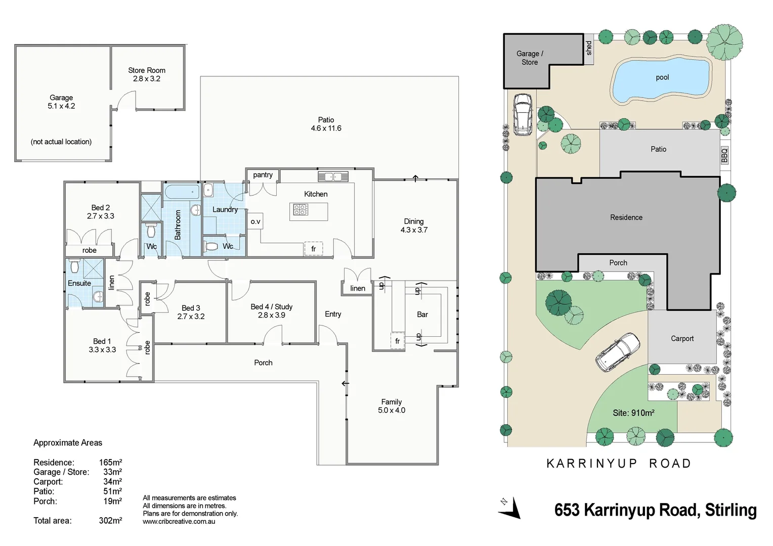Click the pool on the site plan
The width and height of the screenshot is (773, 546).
(x=661, y=78)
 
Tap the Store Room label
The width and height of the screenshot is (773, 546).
(x=147, y=70)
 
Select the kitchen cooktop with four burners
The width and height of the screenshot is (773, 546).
(x=300, y=209)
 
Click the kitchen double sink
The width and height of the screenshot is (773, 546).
(x=333, y=176)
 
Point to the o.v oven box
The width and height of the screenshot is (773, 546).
(x=255, y=221)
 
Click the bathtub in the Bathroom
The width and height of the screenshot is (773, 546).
(x=182, y=192)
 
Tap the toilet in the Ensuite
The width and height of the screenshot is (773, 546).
(x=74, y=265)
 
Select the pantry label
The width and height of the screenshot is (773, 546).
(x=263, y=175)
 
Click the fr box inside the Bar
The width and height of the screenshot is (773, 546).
(x=397, y=341)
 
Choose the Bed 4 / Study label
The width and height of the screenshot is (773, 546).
(x=272, y=307)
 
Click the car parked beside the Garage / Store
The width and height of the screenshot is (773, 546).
(x=523, y=114)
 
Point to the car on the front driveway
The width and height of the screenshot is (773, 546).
(x=617, y=352)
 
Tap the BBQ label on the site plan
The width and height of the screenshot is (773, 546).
(x=724, y=155)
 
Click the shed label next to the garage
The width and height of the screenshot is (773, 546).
(x=589, y=49)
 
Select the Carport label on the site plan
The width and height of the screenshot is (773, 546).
(x=682, y=339)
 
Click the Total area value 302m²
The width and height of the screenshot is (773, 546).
(x=110, y=520)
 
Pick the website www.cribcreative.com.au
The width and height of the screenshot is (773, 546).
(x=179, y=521)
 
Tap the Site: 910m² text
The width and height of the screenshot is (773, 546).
(x=633, y=413)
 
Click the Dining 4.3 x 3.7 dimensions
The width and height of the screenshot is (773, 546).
(x=414, y=230)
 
